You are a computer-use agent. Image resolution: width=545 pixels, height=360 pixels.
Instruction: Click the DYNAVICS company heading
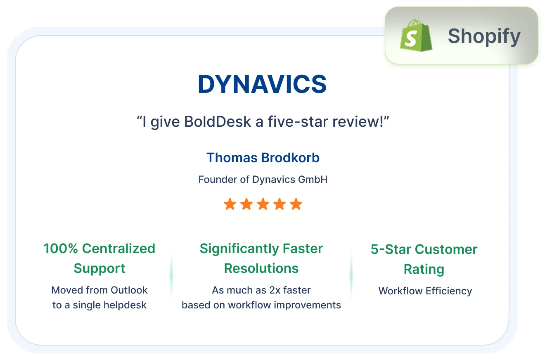(x=262, y=84)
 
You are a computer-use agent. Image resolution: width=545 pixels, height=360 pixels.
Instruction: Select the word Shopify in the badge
(x=484, y=36)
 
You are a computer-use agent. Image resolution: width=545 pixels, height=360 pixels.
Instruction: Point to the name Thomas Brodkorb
(x=263, y=158)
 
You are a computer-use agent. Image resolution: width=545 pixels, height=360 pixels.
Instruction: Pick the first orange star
(x=230, y=204)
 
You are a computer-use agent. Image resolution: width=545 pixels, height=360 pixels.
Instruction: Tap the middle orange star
(x=263, y=204)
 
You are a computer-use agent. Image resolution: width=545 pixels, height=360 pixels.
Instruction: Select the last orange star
(x=296, y=204)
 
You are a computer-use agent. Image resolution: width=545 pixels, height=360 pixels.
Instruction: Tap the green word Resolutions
(x=261, y=268)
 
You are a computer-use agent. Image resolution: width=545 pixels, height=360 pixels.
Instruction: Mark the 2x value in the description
(x=275, y=290)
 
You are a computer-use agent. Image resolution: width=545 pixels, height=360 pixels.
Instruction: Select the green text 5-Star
(x=391, y=249)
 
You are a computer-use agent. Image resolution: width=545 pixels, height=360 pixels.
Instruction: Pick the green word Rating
(x=424, y=269)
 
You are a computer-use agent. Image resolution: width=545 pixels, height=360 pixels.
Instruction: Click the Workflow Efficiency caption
(x=425, y=291)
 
